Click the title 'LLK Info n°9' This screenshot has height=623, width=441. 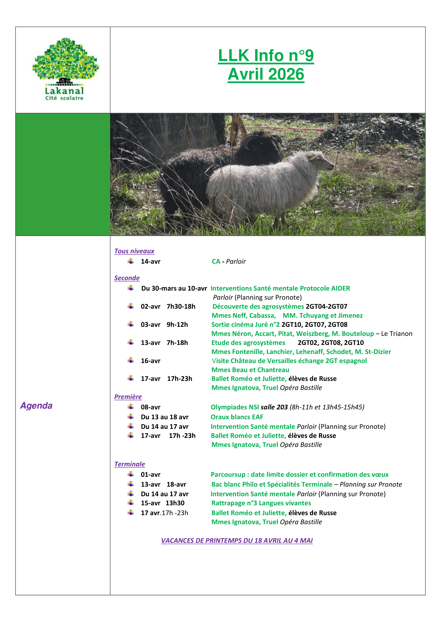click(x=266, y=56)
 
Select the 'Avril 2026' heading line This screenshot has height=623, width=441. click(x=266, y=74)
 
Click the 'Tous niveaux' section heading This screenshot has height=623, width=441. click(x=134, y=251)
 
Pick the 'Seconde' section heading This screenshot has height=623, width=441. click(x=127, y=278)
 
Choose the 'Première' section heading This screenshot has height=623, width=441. click(x=128, y=397)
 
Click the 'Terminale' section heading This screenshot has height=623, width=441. click(x=130, y=464)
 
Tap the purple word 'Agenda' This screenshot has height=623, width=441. click(x=36, y=406)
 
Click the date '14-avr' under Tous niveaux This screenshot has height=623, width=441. click(x=150, y=262)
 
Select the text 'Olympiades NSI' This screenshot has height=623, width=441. click(x=235, y=407)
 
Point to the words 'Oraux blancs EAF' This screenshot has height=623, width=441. click(x=237, y=417)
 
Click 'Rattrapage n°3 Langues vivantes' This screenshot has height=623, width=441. click(x=261, y=503)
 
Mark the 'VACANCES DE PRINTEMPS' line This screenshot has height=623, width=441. click(x=237, y=540)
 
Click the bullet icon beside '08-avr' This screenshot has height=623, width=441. click(x=131, y=407)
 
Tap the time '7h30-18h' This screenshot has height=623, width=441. click(x=181, y=307)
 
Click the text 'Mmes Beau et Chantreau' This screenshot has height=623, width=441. click(x=250, y=370)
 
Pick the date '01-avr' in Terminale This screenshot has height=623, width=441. click(x=150, y=475)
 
